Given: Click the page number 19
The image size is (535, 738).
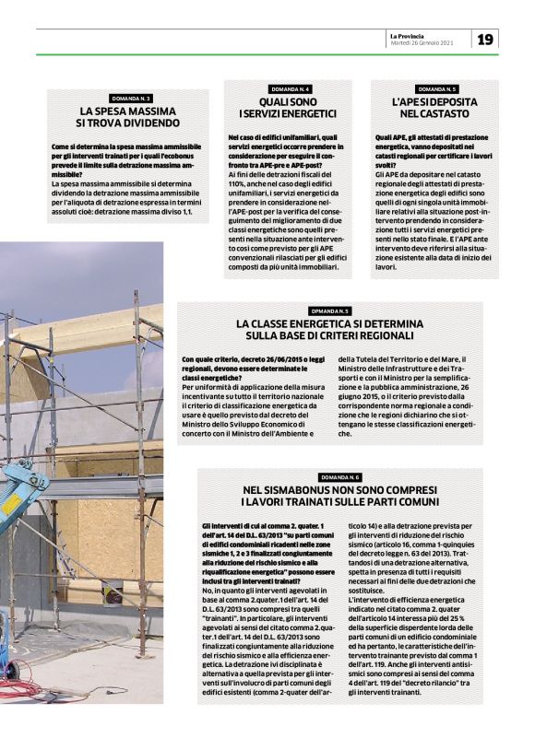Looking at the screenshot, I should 486,39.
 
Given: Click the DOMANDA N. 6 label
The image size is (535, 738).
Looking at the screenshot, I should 340,477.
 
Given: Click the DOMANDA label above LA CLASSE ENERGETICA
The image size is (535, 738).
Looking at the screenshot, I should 329,311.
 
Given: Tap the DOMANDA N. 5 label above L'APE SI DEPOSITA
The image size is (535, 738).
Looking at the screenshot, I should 434,88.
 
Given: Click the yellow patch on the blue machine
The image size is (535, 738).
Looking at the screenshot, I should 11,503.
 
